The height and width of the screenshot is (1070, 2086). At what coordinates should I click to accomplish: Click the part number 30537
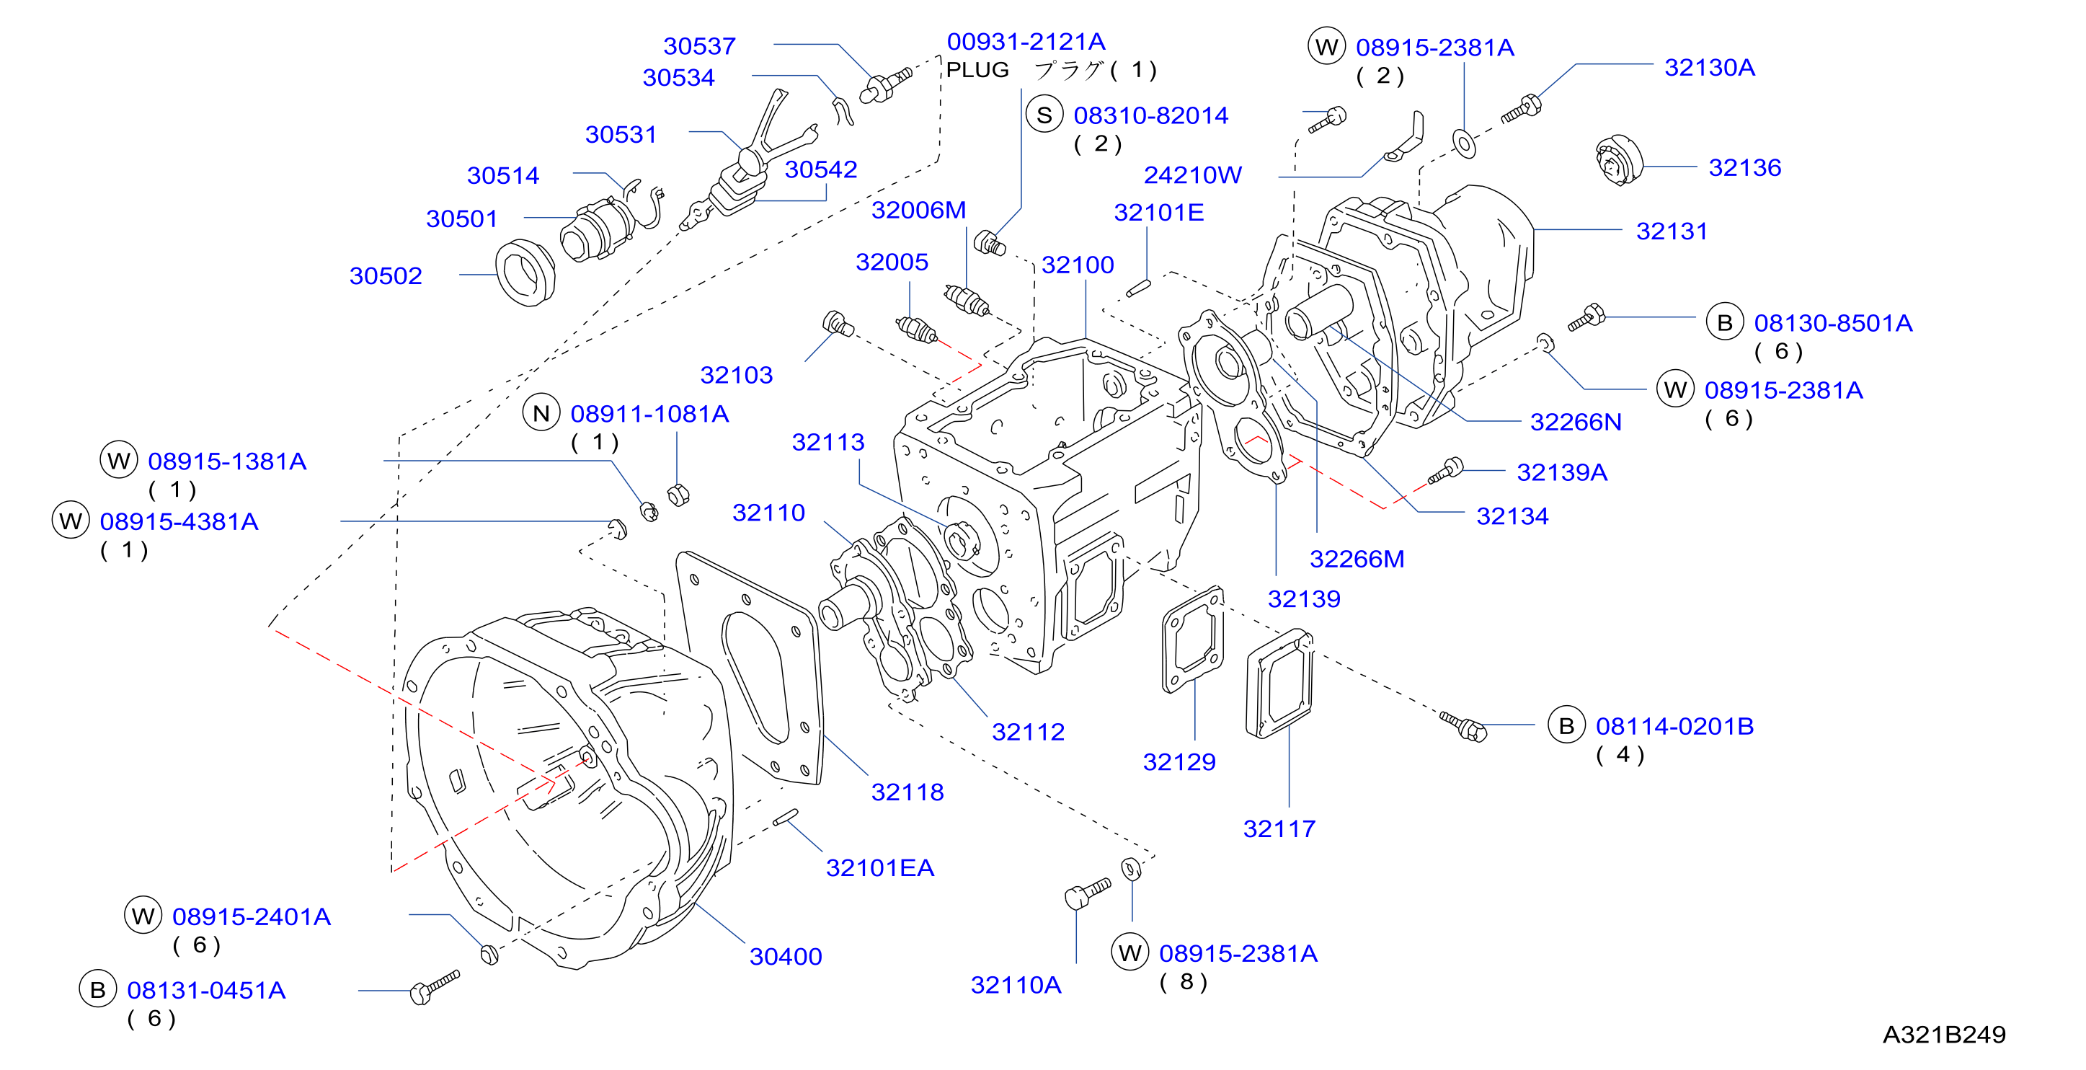699,46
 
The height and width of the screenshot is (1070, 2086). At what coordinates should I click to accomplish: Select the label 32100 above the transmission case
1077,265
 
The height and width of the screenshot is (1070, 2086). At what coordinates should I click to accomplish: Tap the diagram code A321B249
1943,1035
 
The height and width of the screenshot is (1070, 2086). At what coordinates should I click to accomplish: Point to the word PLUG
977,70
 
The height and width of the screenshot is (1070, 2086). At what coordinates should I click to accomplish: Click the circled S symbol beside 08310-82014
1044,115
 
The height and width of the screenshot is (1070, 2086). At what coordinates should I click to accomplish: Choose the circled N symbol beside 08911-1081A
541,414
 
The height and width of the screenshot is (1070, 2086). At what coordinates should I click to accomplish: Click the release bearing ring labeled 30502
525,273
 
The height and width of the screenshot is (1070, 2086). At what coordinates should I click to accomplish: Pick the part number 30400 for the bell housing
786,957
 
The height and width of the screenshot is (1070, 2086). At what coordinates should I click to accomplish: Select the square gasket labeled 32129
1193,640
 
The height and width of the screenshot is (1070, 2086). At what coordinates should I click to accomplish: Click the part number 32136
1744,168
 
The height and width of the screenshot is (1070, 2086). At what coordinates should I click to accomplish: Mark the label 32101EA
879,868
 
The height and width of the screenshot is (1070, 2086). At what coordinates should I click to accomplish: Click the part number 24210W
1192,175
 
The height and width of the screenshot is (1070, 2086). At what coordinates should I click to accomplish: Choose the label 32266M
1357,559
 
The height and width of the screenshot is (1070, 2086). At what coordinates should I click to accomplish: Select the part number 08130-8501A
1832,323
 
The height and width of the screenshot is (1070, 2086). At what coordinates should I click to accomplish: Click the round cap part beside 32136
1619,160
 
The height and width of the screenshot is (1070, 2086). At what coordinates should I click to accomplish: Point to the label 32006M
918,211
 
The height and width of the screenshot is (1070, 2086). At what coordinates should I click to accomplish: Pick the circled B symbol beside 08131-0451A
97,990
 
